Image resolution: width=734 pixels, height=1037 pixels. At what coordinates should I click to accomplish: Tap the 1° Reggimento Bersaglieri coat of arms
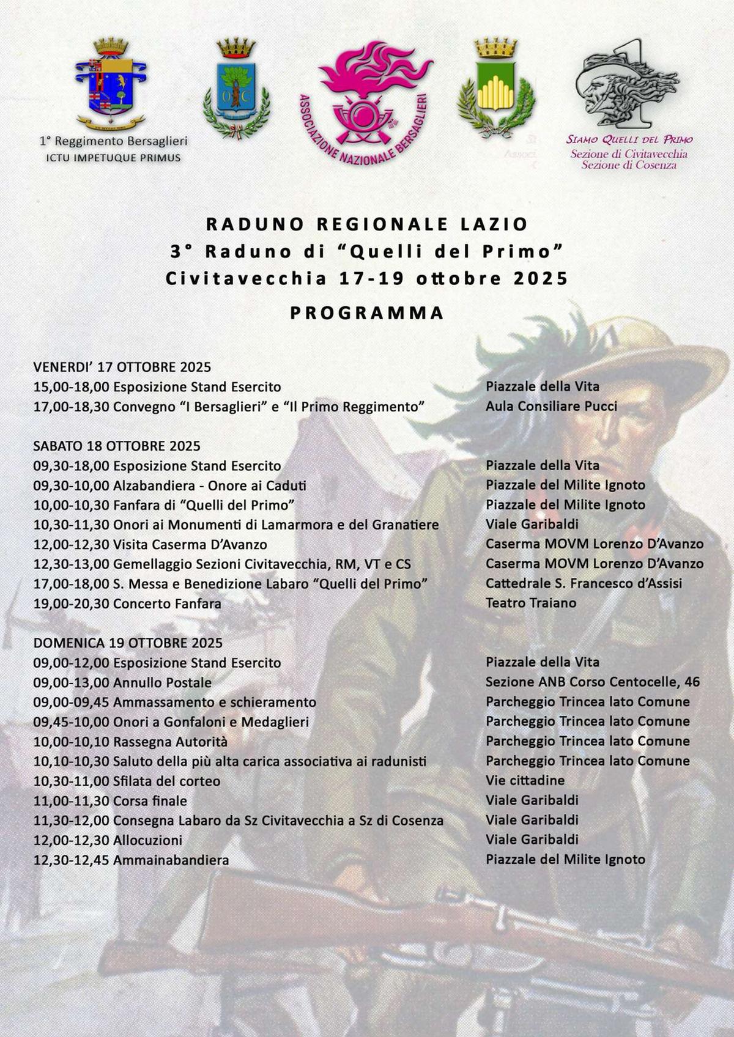[x=111, y=83]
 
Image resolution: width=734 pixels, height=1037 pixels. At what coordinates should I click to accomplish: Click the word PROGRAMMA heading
[x=367, y=313]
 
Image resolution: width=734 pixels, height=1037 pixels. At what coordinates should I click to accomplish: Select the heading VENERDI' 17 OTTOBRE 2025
[x=122, y=367]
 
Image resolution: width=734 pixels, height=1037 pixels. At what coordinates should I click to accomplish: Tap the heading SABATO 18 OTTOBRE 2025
[x=117, y=446]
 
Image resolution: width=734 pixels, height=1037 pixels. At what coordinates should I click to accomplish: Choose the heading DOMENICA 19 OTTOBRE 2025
[x=128, y=643]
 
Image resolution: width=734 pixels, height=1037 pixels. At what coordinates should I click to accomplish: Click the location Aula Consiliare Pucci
[x=551, y=406]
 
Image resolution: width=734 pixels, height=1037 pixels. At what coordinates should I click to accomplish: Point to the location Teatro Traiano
[x=531, y=603]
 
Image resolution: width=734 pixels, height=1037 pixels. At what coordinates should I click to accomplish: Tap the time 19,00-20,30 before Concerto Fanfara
[x=71, y=603]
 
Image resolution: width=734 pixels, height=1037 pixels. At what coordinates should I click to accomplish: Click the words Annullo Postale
[x=162, y=682]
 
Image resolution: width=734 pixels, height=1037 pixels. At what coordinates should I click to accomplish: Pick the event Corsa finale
[x=150, y=801]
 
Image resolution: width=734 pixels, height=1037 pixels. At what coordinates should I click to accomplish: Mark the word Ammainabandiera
[x=171, y=860]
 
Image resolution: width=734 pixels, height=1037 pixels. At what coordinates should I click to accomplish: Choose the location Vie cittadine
[x=525, y=781]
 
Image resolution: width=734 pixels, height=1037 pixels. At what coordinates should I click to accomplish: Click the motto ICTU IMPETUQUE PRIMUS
[x=114, y=158]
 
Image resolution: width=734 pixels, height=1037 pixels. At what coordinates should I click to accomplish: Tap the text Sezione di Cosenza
[x=629, y=164]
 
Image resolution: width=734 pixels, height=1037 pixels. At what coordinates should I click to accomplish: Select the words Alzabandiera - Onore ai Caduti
[x=210, y=485]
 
